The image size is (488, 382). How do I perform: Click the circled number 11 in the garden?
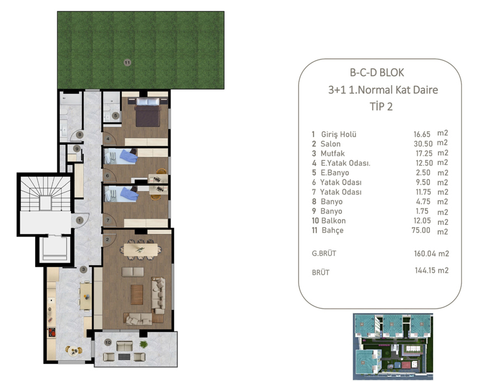tap(127, 63)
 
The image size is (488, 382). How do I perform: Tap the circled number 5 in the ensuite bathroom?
tap(116, 116)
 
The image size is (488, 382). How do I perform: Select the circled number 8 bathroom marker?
tap(80, 135)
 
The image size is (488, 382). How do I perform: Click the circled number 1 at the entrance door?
tap(79, 220)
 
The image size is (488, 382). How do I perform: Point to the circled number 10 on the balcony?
tap(108, 342)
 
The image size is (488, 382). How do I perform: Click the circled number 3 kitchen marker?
tap(83, 270)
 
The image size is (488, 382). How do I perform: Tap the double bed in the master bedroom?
tap(148, 112)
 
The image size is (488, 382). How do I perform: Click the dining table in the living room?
tap(141, 249)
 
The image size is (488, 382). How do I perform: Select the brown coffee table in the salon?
tap(136, 295)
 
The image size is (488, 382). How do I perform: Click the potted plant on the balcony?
tap(144, 345)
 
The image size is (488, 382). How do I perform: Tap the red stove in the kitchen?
tap(51, 332)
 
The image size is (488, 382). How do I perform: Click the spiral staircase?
tap(45, 194)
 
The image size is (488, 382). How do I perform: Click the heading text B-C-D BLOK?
tap(377, 73)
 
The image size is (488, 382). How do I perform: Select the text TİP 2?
tap(381, 106)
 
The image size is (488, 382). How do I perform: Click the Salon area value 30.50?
tap(423, 144)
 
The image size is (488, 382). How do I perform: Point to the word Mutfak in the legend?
tap(333, 153)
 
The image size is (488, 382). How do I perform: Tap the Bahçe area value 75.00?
tap(421, 230)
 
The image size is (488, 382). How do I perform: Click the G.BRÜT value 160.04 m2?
tap(432, 253)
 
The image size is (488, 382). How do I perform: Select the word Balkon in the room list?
tap(333, 221)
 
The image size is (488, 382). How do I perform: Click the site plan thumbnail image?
tap(393, 347)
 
